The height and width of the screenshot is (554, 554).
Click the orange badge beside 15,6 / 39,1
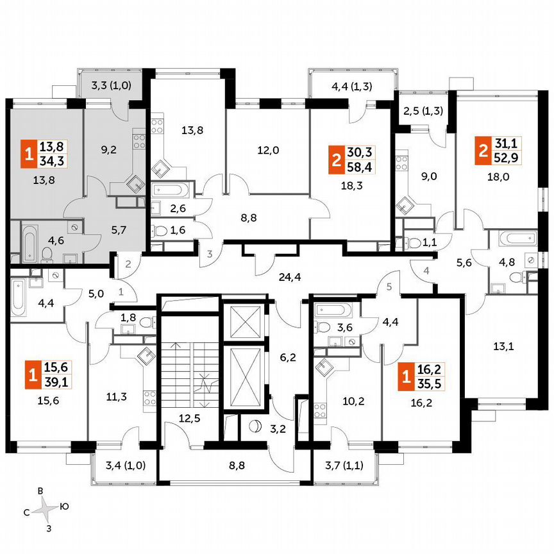(x=31, y=373)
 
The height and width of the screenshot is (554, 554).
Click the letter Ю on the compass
(x=64, y=506)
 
